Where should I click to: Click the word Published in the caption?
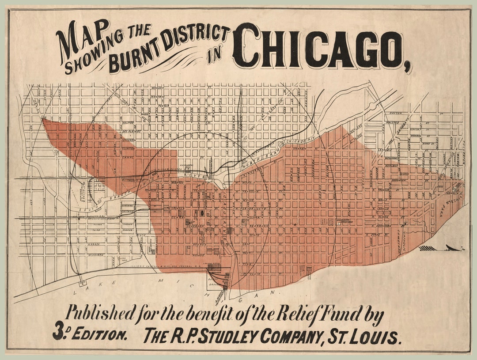click(x=100, y=315)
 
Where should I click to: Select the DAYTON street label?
click(x=396, y=114)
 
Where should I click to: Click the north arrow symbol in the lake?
click(x=442, y=248)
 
